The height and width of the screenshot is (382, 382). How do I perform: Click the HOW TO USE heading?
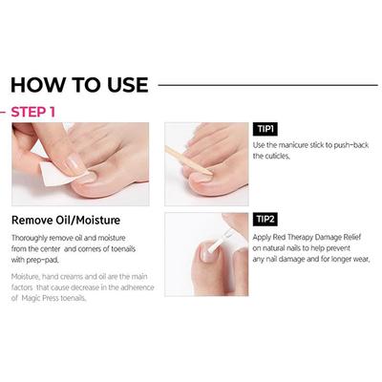[79, 84]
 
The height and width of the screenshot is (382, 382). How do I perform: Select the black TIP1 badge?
[265, 128]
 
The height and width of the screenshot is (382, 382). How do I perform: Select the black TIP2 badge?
[265, 219]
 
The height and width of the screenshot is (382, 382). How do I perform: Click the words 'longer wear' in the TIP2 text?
[348, 257]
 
